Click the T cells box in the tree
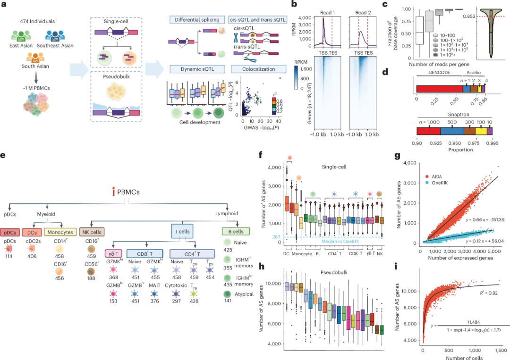click(184, 233)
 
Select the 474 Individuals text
click(38, 22)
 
